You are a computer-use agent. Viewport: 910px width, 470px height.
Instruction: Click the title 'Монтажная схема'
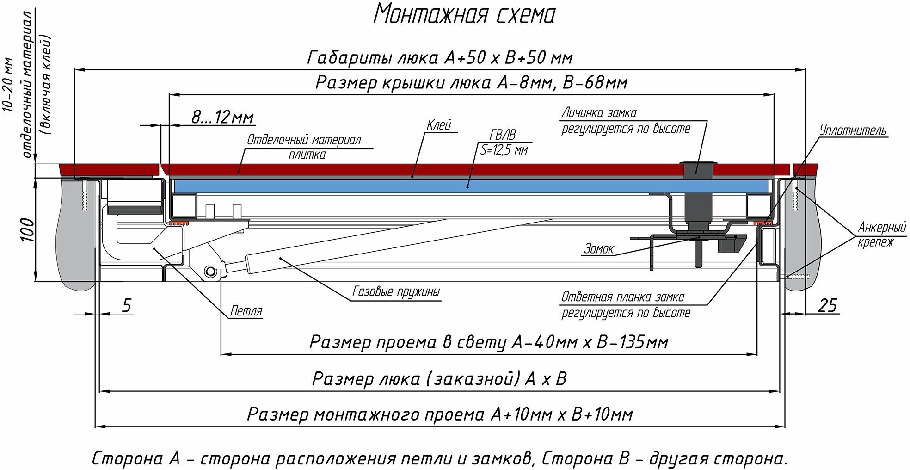pos(464,14)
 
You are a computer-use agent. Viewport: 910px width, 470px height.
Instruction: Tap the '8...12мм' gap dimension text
pos(223,117)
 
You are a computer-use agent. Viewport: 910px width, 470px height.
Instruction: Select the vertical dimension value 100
pos(28,229)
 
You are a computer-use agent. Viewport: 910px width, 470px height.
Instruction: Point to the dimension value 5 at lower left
pos(126,305)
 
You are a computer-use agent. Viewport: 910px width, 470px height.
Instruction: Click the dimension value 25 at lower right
pos(827,305)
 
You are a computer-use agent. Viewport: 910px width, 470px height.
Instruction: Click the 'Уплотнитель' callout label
pos(853,130)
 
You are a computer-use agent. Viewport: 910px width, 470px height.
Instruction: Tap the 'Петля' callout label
pos(246,311)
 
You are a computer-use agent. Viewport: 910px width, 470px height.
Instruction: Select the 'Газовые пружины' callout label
pos(396,291)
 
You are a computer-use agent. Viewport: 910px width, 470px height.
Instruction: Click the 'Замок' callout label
pos(599,249)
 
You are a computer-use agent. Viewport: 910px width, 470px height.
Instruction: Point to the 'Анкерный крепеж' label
pos(881,235)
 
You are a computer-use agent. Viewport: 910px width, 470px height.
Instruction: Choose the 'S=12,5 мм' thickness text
pos(504,149)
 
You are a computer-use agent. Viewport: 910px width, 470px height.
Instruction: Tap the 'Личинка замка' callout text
pos(599,112)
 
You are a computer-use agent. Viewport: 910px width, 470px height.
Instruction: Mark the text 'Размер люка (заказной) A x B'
pos(439,379)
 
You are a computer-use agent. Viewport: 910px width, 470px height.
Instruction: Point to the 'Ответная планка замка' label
pos(622,297)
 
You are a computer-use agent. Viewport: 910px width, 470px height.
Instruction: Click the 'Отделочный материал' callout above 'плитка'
pos(304,140)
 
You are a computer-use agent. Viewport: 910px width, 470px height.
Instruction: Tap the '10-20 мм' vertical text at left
pos(9,85)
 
